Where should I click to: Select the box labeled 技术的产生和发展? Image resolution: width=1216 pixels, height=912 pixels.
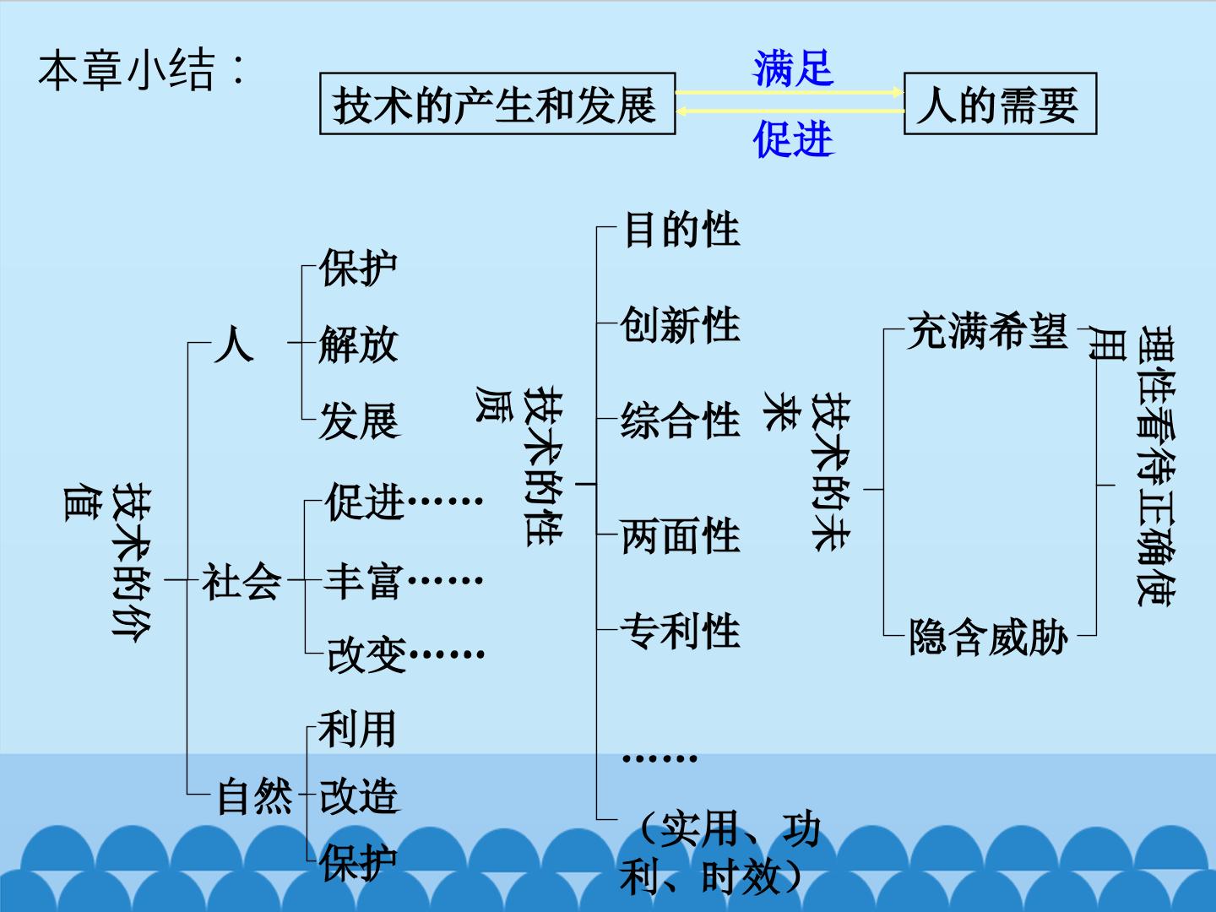[x=497, y=104]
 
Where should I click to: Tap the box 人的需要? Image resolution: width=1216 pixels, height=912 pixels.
[x=1000, y=104]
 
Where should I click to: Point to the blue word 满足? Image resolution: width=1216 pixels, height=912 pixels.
[x=793, y=68]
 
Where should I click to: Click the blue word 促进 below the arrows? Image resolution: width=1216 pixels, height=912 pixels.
[x=793, y=138]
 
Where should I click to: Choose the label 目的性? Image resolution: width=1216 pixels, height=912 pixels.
[x=682, y=229]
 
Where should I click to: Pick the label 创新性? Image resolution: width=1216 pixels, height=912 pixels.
[x=681, y=324]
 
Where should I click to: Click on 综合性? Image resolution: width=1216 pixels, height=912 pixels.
[x=681, y=421]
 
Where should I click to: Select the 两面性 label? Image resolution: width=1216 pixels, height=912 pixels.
[x=681, y=535]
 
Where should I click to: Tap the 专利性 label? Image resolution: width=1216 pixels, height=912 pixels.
[x=681, y=631]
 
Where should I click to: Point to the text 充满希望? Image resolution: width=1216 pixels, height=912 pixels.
[x=988, y=330]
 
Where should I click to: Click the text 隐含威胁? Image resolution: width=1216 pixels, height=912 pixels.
[x=989, y=637]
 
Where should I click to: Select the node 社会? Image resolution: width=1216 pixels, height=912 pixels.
[x=242, y=582]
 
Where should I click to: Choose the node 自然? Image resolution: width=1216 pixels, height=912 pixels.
[x=255, y=795]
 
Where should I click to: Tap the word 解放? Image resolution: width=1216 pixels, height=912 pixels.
[x=358, y=344]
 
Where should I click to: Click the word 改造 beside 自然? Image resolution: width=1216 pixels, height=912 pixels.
[x=360, y=795]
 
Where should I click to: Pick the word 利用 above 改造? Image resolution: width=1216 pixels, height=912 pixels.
[x=357, y=729]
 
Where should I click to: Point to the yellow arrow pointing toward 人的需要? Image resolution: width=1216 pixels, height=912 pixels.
[x=790, y=93]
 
